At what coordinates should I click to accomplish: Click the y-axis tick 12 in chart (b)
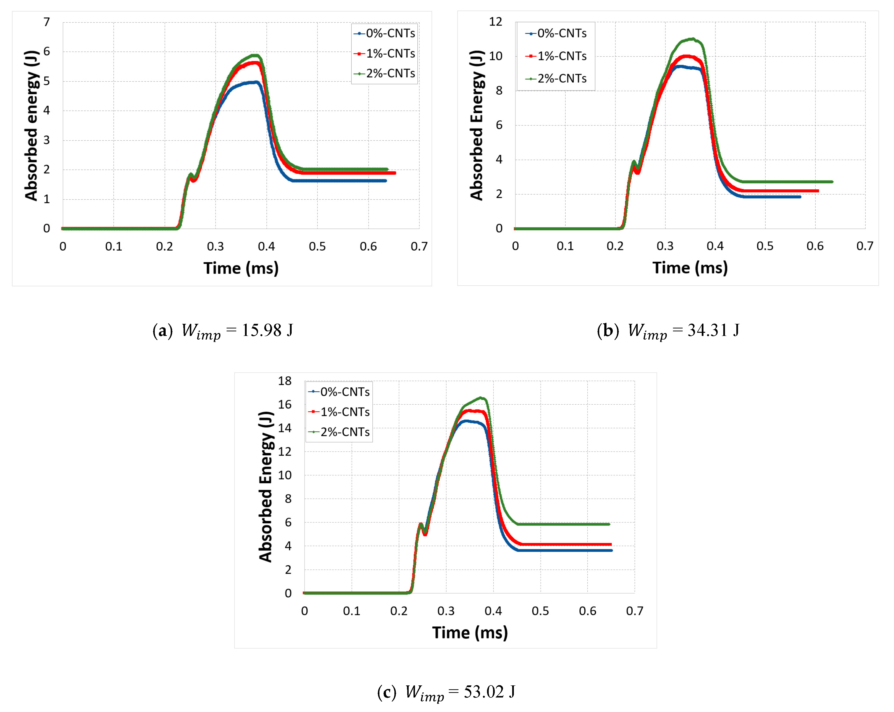[495, 22]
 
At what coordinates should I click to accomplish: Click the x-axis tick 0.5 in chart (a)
[317, 247]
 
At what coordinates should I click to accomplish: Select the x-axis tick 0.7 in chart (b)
[864, 246]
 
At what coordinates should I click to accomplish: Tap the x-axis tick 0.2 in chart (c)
[399, 611]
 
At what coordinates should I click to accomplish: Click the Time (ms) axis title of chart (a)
[241, 268]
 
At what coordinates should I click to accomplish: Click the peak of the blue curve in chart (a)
[257, 82]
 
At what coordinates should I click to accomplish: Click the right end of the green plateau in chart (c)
[609, 524]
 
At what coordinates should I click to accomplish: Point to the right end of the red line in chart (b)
[818, 191]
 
